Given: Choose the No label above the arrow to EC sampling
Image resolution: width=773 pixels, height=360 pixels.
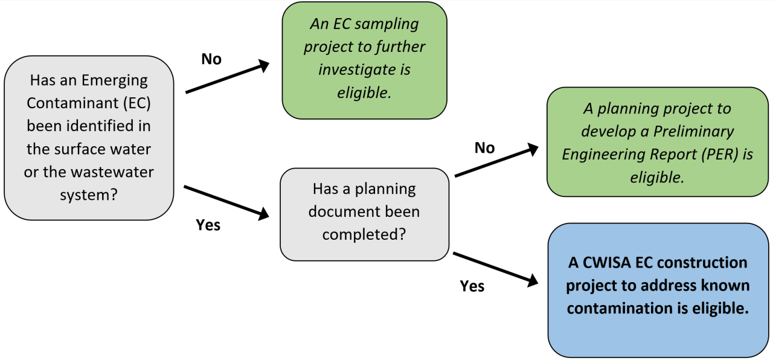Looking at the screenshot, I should point(211,59).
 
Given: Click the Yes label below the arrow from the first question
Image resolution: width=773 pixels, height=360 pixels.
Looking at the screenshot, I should point(208,225).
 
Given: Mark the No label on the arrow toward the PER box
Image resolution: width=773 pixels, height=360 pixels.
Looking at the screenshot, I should point(484,148).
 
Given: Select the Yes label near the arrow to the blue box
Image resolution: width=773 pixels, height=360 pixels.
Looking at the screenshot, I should point(472,286).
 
